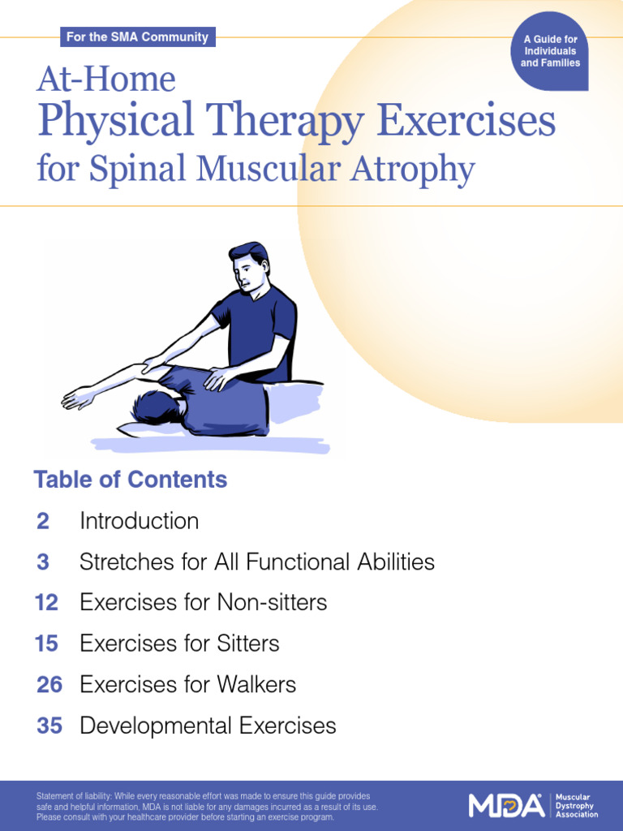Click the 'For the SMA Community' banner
[x=137, y=37]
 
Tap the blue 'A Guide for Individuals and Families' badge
[x=550, y=51]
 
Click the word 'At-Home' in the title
[x=105, y=80]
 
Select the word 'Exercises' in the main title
[x=466, y=122]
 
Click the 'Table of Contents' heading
[x=130, y=480]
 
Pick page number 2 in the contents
[x=43, y=521]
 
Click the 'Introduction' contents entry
[x=139, y=521]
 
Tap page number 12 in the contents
[x=47, y=603]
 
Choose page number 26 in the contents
[x=49, y=685]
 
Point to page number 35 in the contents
[x=49, y=726]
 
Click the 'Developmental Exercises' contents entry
[x=208, y=726]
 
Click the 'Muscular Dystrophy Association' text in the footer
[x=576, y=805]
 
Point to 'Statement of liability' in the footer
[x=76, y=796]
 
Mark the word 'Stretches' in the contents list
[x=118, y=562]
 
